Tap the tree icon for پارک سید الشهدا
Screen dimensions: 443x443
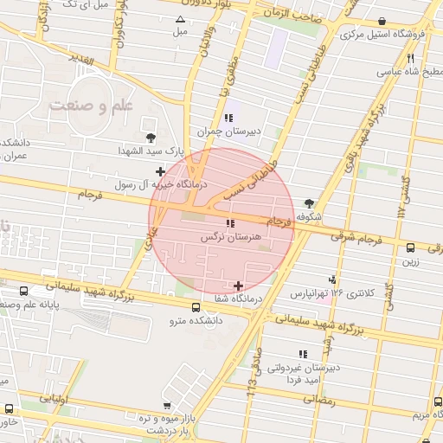(152, 137)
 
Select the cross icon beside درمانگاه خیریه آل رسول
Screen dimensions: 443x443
(160, 172)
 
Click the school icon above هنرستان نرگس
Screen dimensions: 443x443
(217, 223)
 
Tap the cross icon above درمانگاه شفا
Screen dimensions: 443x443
(238, 286)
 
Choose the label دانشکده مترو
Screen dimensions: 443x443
(195, 321)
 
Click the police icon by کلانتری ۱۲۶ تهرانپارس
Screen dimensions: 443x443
(333, 279)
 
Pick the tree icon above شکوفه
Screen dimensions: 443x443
(309, 203)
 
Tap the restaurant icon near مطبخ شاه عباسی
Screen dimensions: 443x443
(410, 58)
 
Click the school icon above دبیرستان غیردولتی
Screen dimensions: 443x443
(302, 354)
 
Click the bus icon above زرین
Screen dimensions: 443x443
(411, 247)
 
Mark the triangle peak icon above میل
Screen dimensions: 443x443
(180, 19)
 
